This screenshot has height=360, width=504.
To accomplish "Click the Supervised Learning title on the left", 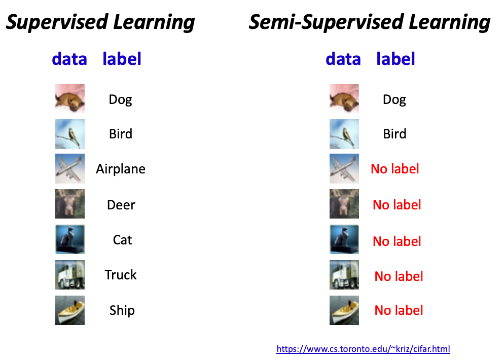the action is coord(100,22).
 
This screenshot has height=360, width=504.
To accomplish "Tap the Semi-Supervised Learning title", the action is coord(370,22).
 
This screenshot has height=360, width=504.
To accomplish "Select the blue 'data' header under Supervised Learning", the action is coord(69,59).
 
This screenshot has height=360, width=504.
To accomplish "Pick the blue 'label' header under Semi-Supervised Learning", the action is coord(395,59).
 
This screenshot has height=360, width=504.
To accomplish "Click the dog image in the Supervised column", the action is coord(70,99).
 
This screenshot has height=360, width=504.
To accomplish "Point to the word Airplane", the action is coord(121,169).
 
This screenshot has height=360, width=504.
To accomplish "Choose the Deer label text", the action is coord(121,205).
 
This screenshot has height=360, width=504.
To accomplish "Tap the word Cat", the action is coord(123,240).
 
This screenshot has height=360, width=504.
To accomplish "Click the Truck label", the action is coord(121,275).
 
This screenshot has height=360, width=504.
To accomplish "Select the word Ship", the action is coord(122,310).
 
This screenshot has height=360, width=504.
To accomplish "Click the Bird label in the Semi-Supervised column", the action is coord(394,134).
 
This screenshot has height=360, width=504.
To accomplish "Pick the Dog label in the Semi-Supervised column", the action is coord(394,100).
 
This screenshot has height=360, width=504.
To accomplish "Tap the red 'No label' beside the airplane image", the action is coord(395,169).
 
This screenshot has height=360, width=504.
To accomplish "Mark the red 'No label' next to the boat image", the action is coord(399,310).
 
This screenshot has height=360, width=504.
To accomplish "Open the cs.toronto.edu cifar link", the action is coord(363,349).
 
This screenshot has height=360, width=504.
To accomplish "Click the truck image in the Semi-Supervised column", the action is coord(344,275).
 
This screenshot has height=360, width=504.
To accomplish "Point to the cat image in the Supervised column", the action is coord(70,239).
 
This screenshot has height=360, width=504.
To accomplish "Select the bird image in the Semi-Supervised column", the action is coord(344,134).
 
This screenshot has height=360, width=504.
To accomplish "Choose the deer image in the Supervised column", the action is coord(70,204).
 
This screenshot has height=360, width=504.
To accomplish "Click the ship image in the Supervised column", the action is coord(70,310).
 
